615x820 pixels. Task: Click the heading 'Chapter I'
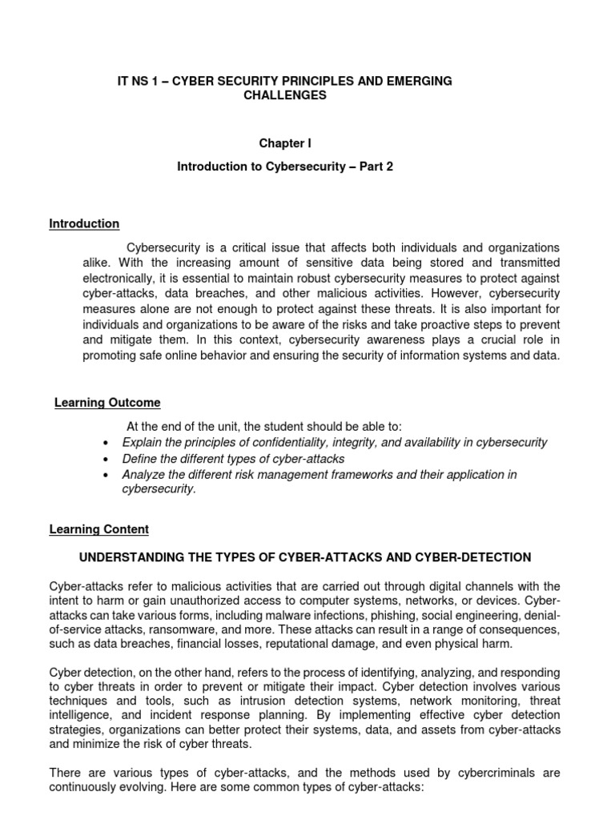[x=284, y=143]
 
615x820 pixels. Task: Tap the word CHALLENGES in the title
[x=284, y=96]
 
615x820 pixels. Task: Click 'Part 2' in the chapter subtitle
[x=376, y=166]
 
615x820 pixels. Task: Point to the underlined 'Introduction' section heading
[x=84, y=223]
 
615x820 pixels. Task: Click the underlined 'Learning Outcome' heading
[x=107, y=403]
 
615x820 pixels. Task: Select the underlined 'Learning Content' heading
[x=99, y=529]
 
